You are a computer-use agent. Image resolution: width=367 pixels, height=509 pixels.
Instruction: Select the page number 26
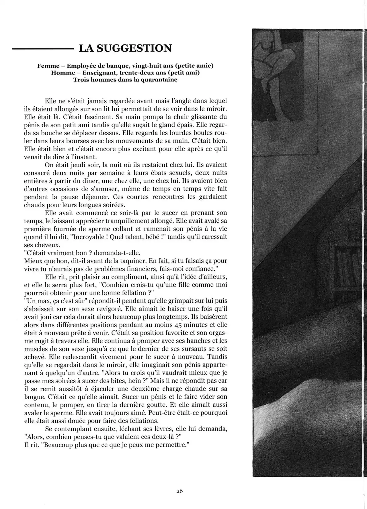coord(179,491)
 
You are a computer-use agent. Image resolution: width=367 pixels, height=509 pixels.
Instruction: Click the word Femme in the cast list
coord(47,66)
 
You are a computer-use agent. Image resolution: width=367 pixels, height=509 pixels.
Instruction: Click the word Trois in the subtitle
coord(81,80)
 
